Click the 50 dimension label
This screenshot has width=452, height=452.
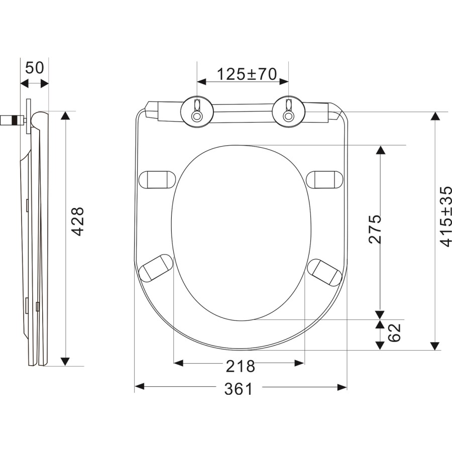[x=35, y=68]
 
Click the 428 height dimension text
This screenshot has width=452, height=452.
[x=77, y=221]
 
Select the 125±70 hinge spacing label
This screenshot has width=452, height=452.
[x=247, y=74]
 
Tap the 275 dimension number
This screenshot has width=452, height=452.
[x=375, y=229]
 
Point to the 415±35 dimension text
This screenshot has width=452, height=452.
[x=446, y=216]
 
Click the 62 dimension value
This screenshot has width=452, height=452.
[x=395, y=331]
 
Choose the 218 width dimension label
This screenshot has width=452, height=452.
[x=240, y=367]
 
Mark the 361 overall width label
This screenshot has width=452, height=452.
[x=240, y=388]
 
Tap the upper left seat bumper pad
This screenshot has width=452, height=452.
[x=157, y=179]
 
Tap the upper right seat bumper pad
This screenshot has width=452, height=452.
[x=325, y=179]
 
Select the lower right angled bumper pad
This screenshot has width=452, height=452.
[x=325, y=271]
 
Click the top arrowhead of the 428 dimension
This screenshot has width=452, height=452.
[x=65, y=116]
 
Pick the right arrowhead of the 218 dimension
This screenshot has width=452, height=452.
[x=300, y=363]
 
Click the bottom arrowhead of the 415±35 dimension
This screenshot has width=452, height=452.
[x=435, y=346]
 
